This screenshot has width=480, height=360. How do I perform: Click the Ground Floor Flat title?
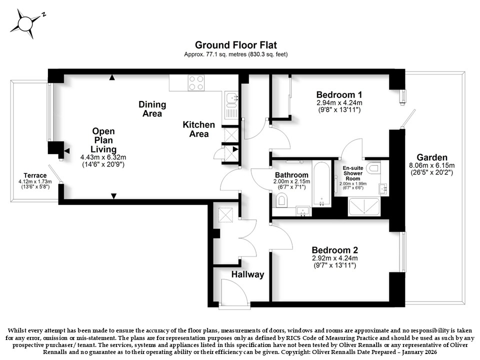235,45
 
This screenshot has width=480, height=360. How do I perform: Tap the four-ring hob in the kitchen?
196,83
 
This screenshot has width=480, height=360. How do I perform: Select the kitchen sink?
231,105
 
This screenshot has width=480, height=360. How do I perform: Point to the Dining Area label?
152,109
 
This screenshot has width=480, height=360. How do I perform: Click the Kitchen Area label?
198,129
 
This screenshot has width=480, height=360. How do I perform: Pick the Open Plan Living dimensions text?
103,160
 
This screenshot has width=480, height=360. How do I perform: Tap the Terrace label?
35,175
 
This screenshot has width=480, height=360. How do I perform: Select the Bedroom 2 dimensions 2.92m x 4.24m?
334,258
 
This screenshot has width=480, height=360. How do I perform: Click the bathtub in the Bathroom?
321,183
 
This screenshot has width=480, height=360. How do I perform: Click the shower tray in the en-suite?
364,206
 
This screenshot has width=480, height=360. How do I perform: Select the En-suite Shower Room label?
353,173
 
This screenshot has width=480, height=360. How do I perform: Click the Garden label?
432,157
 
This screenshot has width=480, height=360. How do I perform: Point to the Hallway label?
247,274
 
